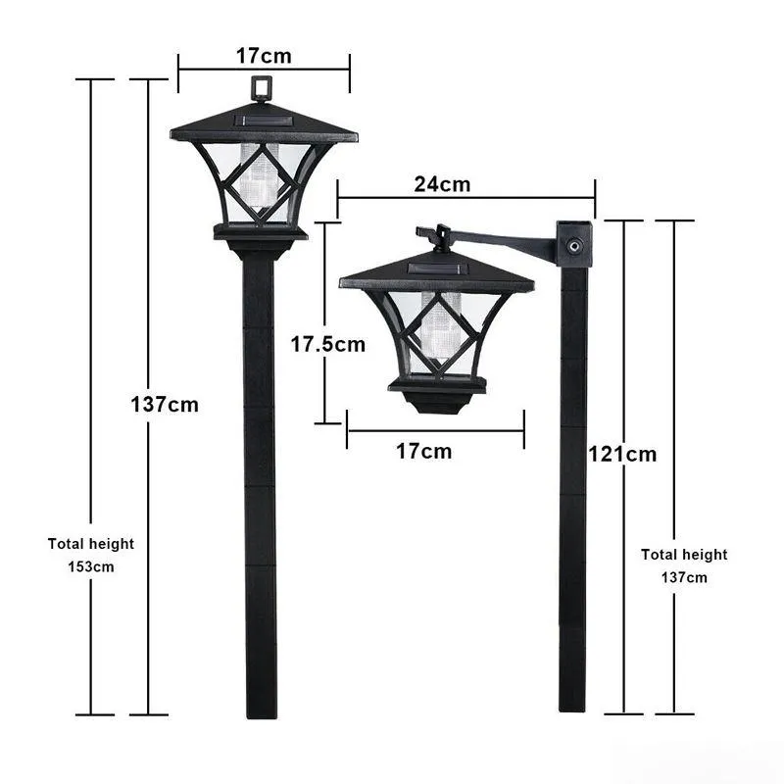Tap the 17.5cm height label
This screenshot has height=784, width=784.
(328, 344)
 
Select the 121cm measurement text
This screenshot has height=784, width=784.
(622, 454)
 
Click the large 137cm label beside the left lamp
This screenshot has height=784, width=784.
(165, 404)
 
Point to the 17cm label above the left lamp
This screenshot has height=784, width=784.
(263, 55)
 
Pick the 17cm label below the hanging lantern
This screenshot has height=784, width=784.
(423, 451)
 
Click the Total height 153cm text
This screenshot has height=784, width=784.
(91, 555)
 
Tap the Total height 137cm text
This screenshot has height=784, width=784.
(684, 565)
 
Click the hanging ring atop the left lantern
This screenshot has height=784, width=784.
(261, 89)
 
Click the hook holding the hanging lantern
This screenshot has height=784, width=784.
(432, 236)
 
